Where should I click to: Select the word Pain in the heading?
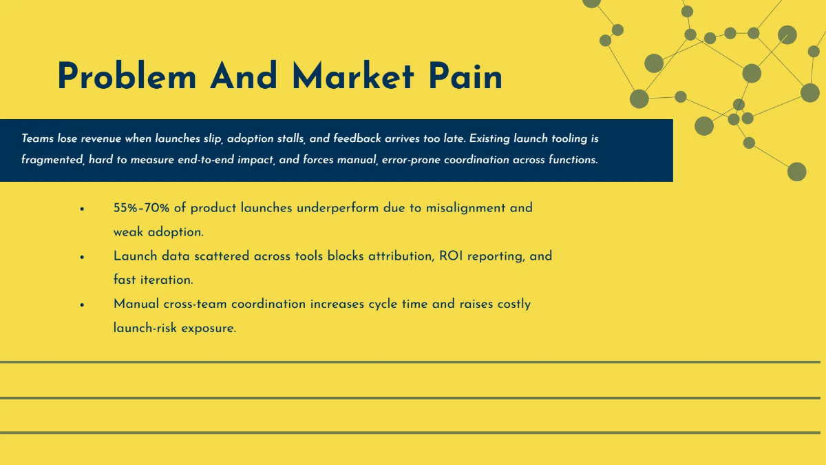465,76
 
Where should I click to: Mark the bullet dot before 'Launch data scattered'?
82,256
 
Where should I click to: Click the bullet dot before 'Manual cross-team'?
82,304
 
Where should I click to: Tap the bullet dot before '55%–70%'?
82,208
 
